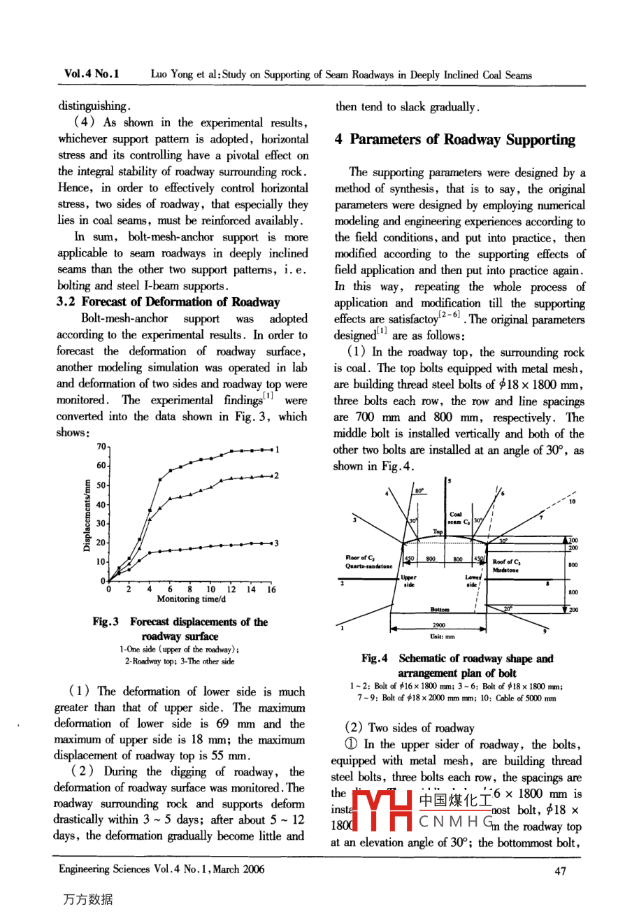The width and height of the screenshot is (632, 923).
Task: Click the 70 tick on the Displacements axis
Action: coord(101,446)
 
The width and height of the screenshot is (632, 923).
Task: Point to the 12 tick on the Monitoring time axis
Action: coord(231,589)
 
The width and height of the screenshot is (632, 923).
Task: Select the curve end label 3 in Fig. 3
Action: coord(276,543)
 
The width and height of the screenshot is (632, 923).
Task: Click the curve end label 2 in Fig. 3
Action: coord(276,475)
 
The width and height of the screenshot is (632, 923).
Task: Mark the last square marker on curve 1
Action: coord(270,450)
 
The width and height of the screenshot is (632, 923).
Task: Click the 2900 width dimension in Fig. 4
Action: coord(439,625)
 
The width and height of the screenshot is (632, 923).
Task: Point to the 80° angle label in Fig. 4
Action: coord(419,491)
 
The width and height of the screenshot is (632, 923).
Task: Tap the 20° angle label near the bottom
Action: coord(508,608)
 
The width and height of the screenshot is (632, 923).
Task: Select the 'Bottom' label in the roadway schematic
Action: coord(440,610)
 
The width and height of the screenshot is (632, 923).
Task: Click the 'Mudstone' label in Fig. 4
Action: coord(505,570)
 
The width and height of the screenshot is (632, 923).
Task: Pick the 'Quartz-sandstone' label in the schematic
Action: coord(368,566)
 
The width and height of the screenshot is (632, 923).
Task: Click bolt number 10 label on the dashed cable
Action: coord(573,501)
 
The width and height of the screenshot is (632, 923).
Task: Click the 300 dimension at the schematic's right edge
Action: coord(573,541)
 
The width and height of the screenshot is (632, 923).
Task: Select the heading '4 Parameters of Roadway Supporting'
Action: coord(454,140)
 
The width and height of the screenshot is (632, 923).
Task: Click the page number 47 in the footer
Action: coord(560,871)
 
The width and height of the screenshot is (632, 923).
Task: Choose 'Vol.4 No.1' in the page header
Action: coord(92,74)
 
